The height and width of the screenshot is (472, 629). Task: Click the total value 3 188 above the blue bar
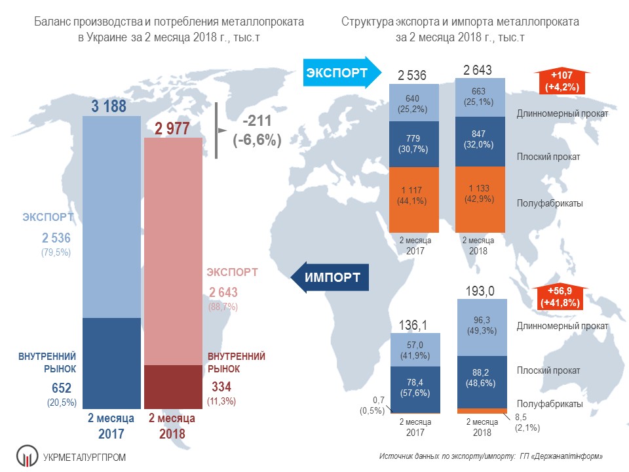(108, 106)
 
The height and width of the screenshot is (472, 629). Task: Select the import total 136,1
(413, 324)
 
